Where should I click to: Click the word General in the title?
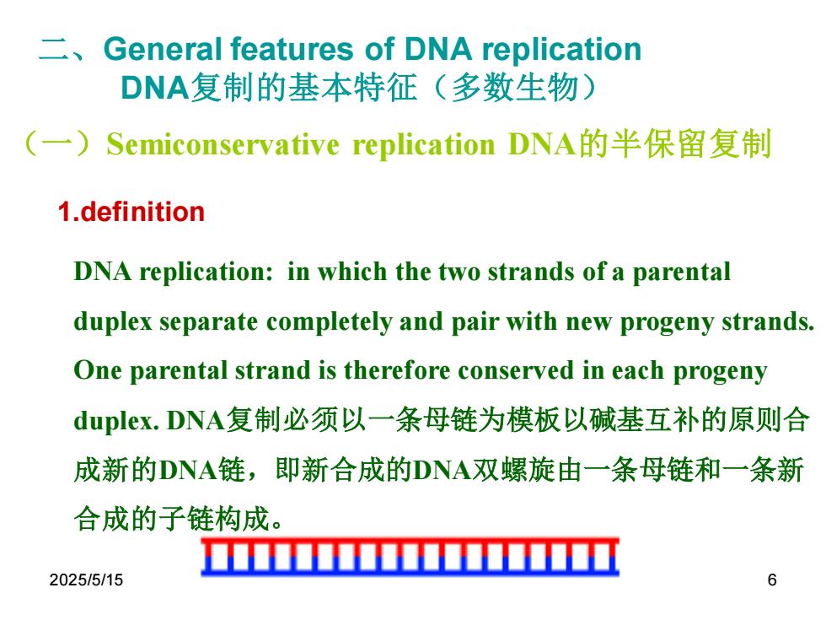[163, 49]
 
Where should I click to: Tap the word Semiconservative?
[223, 144]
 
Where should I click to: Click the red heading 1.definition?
[131, 212]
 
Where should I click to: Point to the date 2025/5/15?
[86, 580]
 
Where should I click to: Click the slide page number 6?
[772, 580]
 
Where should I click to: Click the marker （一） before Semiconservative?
[59, 144]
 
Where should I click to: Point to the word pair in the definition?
[475, 322]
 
